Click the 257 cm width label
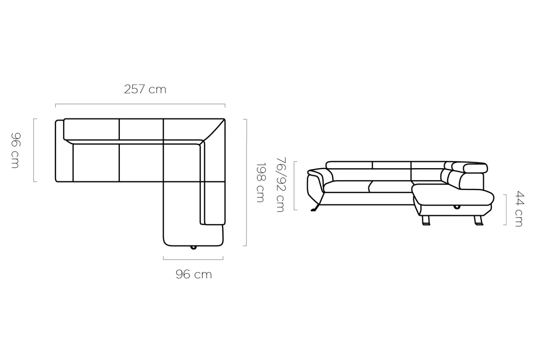tap(145, 89)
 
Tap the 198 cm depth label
tap(261, 182)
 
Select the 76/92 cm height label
tap(281, 185)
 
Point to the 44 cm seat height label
tap(519, 209)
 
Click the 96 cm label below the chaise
tap(194, 274)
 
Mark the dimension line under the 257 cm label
tap(140, 104)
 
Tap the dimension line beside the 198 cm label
tap(246, 182)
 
